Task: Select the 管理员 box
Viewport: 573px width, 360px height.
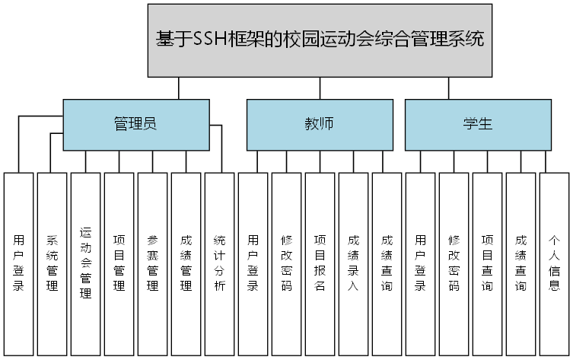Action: click(x=135, y=124)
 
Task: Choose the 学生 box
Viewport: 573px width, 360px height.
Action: click(x=478, y=124)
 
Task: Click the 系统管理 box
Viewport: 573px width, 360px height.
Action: click(x=53, y=263)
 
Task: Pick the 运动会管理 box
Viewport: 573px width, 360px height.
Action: click(x=86, y=263)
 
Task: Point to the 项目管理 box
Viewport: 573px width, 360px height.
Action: click(x=119, y=263)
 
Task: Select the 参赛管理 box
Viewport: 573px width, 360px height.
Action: click(x=153, y=263)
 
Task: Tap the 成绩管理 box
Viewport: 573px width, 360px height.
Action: click(x=186, y=263)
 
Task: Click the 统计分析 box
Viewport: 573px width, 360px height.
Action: click(x=220, y=263)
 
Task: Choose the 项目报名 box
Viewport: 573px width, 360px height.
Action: click(x=320, y=263)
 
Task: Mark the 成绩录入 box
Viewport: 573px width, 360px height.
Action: click(x=354, y=263)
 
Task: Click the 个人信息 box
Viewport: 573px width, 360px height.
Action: click(x=555, y=263)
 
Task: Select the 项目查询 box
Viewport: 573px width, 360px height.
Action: click(x=488, y=263)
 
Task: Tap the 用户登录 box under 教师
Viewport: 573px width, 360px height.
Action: click(x=253, y=263)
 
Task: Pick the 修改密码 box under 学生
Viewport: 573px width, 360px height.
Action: click(x=454, y=263)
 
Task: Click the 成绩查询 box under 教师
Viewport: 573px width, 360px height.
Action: click(x=387, y=263)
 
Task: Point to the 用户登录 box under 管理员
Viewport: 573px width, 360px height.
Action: click(x=19, y=263)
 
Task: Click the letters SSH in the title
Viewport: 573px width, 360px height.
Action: click(x=211, y=39)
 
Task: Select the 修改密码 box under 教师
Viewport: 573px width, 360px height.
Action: click(x=287, y=263)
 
